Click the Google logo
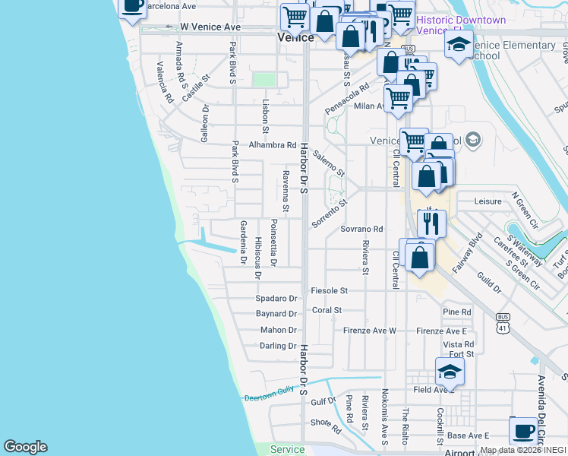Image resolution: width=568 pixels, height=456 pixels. click(25, 447)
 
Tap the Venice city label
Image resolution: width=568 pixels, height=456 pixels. click(296, 36)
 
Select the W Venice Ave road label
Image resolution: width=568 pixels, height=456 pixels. click(210, 27)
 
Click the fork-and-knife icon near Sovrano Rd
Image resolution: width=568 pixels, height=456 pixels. click(431, 223)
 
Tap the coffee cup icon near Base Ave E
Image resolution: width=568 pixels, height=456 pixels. click(523, 431)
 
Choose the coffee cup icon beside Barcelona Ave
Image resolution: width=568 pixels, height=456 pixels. click(132, 6)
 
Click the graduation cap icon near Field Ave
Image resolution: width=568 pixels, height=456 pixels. click(450, 372)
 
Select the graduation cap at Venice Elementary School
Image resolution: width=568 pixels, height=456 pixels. click(459, 46)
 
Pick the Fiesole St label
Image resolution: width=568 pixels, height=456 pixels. click(329, 290)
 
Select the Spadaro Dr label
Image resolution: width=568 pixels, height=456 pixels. click(276, 299)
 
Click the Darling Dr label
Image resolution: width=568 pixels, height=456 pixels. click(277, 346)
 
